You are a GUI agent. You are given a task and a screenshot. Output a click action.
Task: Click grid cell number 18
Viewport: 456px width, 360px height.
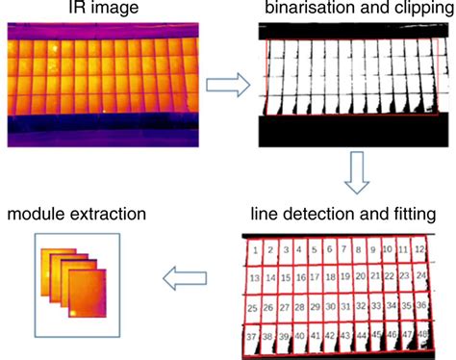click(x=328, y=279)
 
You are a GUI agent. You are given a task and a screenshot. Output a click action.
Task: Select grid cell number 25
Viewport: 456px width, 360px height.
click(x=252, y=308)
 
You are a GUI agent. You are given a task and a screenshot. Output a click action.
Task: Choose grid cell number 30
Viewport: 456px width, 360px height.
click(x=330, y=308)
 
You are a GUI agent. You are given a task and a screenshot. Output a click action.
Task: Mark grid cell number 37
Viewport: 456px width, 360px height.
click(x=252, y=337)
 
